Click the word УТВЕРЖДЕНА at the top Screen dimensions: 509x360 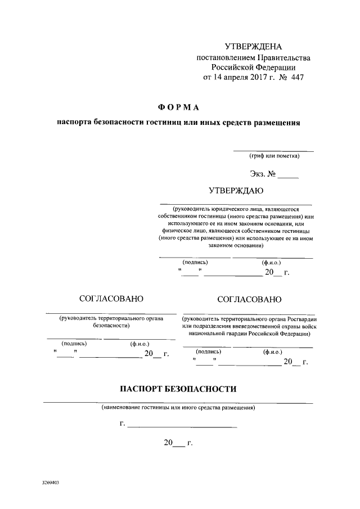pyautogui.click(x=253, y=46)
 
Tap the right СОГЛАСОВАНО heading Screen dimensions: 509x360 pyautogui.click(x=249, y=299)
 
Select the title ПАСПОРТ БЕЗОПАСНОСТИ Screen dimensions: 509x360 pyautogui.click(x=178, y=389)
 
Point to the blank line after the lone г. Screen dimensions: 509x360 pyautogui.click(x=182, y=425)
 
